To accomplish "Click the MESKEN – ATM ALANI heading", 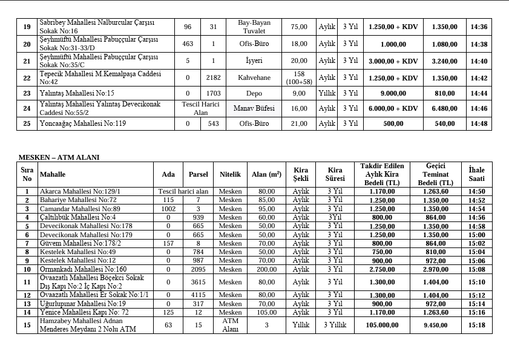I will pyautogui.click(x=59, y=157).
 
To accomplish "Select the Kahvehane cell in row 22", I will pyautogui.click(x=254, y=78).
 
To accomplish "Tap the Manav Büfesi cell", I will pyautogui.click(x=254, y=108).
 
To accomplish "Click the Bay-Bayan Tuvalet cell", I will pyautogui.click(x=254, y=27).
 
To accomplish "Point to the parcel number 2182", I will pyautogui.click(x=213, y=78).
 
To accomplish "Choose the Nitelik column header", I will pyautogui.click(x=230, y=174).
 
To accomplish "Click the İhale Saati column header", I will pyautogui.click(x=476, y=174).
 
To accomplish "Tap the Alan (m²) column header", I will pyautogui.click(x=266, y=174).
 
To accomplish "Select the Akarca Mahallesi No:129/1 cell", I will pyautogui.click(x=80, y=191).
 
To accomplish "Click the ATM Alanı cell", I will pyautogui.click(x=230, y=325).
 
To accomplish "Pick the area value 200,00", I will pyautogui.click(x=266, y=269).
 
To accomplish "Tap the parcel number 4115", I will pyautogui.click(x=198, y=295).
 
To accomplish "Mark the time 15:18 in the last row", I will pyautogui.click(x=476, y=325).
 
